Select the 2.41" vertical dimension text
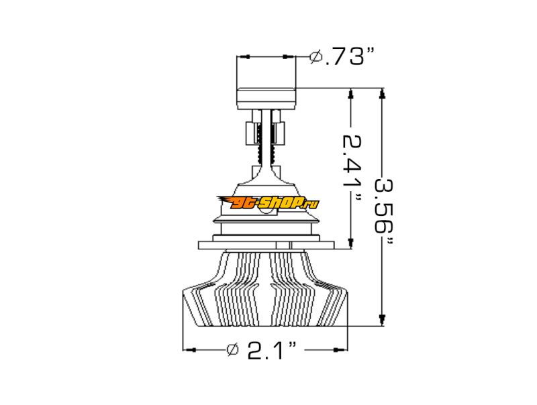point(352,170)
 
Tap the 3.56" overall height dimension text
point(383,211)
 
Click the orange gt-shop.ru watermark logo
point(268,203)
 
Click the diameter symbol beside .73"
point(315,56)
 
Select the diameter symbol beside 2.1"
point(233,349)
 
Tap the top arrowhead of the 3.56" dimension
point(383,93)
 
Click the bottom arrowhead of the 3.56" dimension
point(382,321)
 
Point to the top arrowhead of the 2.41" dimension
point(350,93)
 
